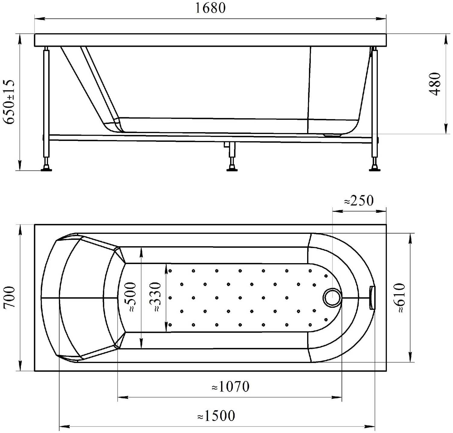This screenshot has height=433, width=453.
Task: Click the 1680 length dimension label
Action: (210, 8)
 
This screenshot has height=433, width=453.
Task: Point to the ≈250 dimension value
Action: (359, 200)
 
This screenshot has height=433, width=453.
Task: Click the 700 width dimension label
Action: (9, 297)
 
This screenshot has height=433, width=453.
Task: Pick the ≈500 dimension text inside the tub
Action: (130, 297)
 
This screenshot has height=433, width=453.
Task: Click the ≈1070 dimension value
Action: (230, 387)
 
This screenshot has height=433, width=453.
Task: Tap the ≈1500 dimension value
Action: (216, 416)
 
